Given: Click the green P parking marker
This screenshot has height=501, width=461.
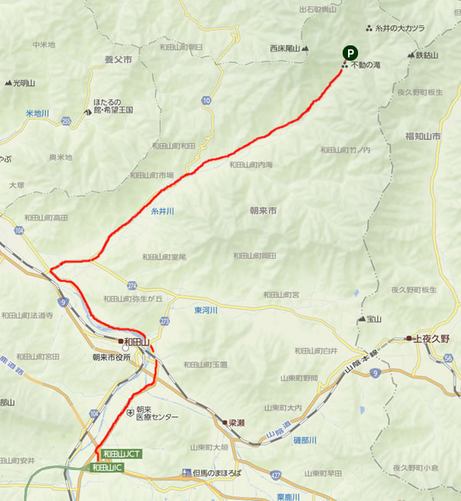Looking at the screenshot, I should coord(350,53).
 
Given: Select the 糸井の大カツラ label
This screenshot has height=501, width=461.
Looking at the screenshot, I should coord(400,28).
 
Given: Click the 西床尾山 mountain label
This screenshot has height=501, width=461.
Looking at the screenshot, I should coord(284,48).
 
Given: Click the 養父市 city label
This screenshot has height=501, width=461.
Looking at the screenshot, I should coord(118,58).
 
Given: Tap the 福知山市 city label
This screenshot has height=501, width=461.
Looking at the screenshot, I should coord(423,136).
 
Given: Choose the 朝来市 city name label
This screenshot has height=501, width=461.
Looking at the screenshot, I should coord(263,209).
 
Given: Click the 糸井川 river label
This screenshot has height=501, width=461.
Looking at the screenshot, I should coord(163,210).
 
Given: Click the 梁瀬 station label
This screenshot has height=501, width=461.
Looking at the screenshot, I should coord(237,423).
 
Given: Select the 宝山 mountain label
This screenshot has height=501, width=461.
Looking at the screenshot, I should coord(374,318).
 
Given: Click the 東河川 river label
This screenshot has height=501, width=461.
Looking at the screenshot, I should coord(206,310).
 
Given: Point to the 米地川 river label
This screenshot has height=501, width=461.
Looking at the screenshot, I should coord(37,113).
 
